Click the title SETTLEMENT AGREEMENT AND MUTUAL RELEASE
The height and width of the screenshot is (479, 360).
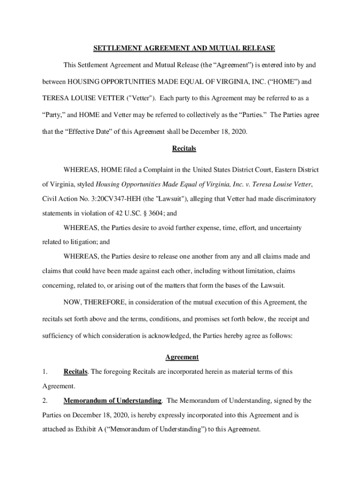click(184, 48)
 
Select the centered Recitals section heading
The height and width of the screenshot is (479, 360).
click(184, 149)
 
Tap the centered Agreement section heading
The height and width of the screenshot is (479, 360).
click(182, 357)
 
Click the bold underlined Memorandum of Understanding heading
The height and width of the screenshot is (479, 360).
click(113, 401)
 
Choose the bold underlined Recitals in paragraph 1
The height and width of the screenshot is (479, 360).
click(75, 372)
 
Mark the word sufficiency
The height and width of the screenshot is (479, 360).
click(59, 336)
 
